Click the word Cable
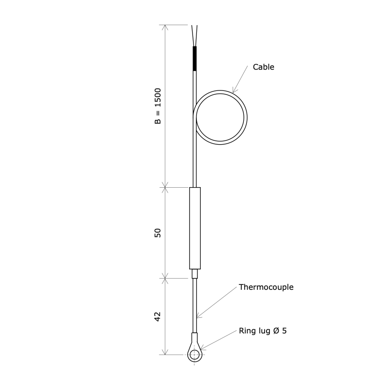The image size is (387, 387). coord(264,67)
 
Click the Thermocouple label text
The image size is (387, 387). coord(266,287)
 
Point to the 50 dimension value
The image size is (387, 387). coord(158,233)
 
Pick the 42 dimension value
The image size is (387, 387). coord(158,317)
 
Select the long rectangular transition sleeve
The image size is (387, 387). coord(194,228)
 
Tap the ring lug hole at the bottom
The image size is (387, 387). coord(194,355)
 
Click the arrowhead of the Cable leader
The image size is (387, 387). coord(234,91)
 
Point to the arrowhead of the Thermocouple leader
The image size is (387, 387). coord(198,316)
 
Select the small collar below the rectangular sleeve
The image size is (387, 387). coord(194,274)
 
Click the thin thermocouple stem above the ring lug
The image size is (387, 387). coord(194,305)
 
